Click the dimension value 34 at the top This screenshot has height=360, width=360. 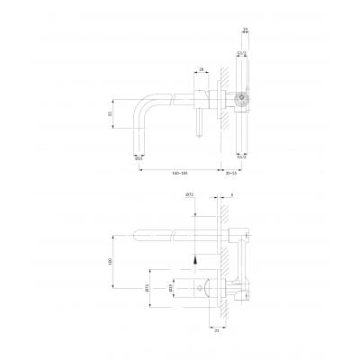pos(245,30)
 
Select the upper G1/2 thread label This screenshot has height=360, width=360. pos(242,53)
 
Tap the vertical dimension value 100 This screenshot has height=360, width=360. pos(111,261)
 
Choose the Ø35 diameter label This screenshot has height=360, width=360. pos(170,289)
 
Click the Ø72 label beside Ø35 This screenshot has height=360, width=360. pos(147,289)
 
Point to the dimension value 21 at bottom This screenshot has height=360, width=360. pos(217,328)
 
